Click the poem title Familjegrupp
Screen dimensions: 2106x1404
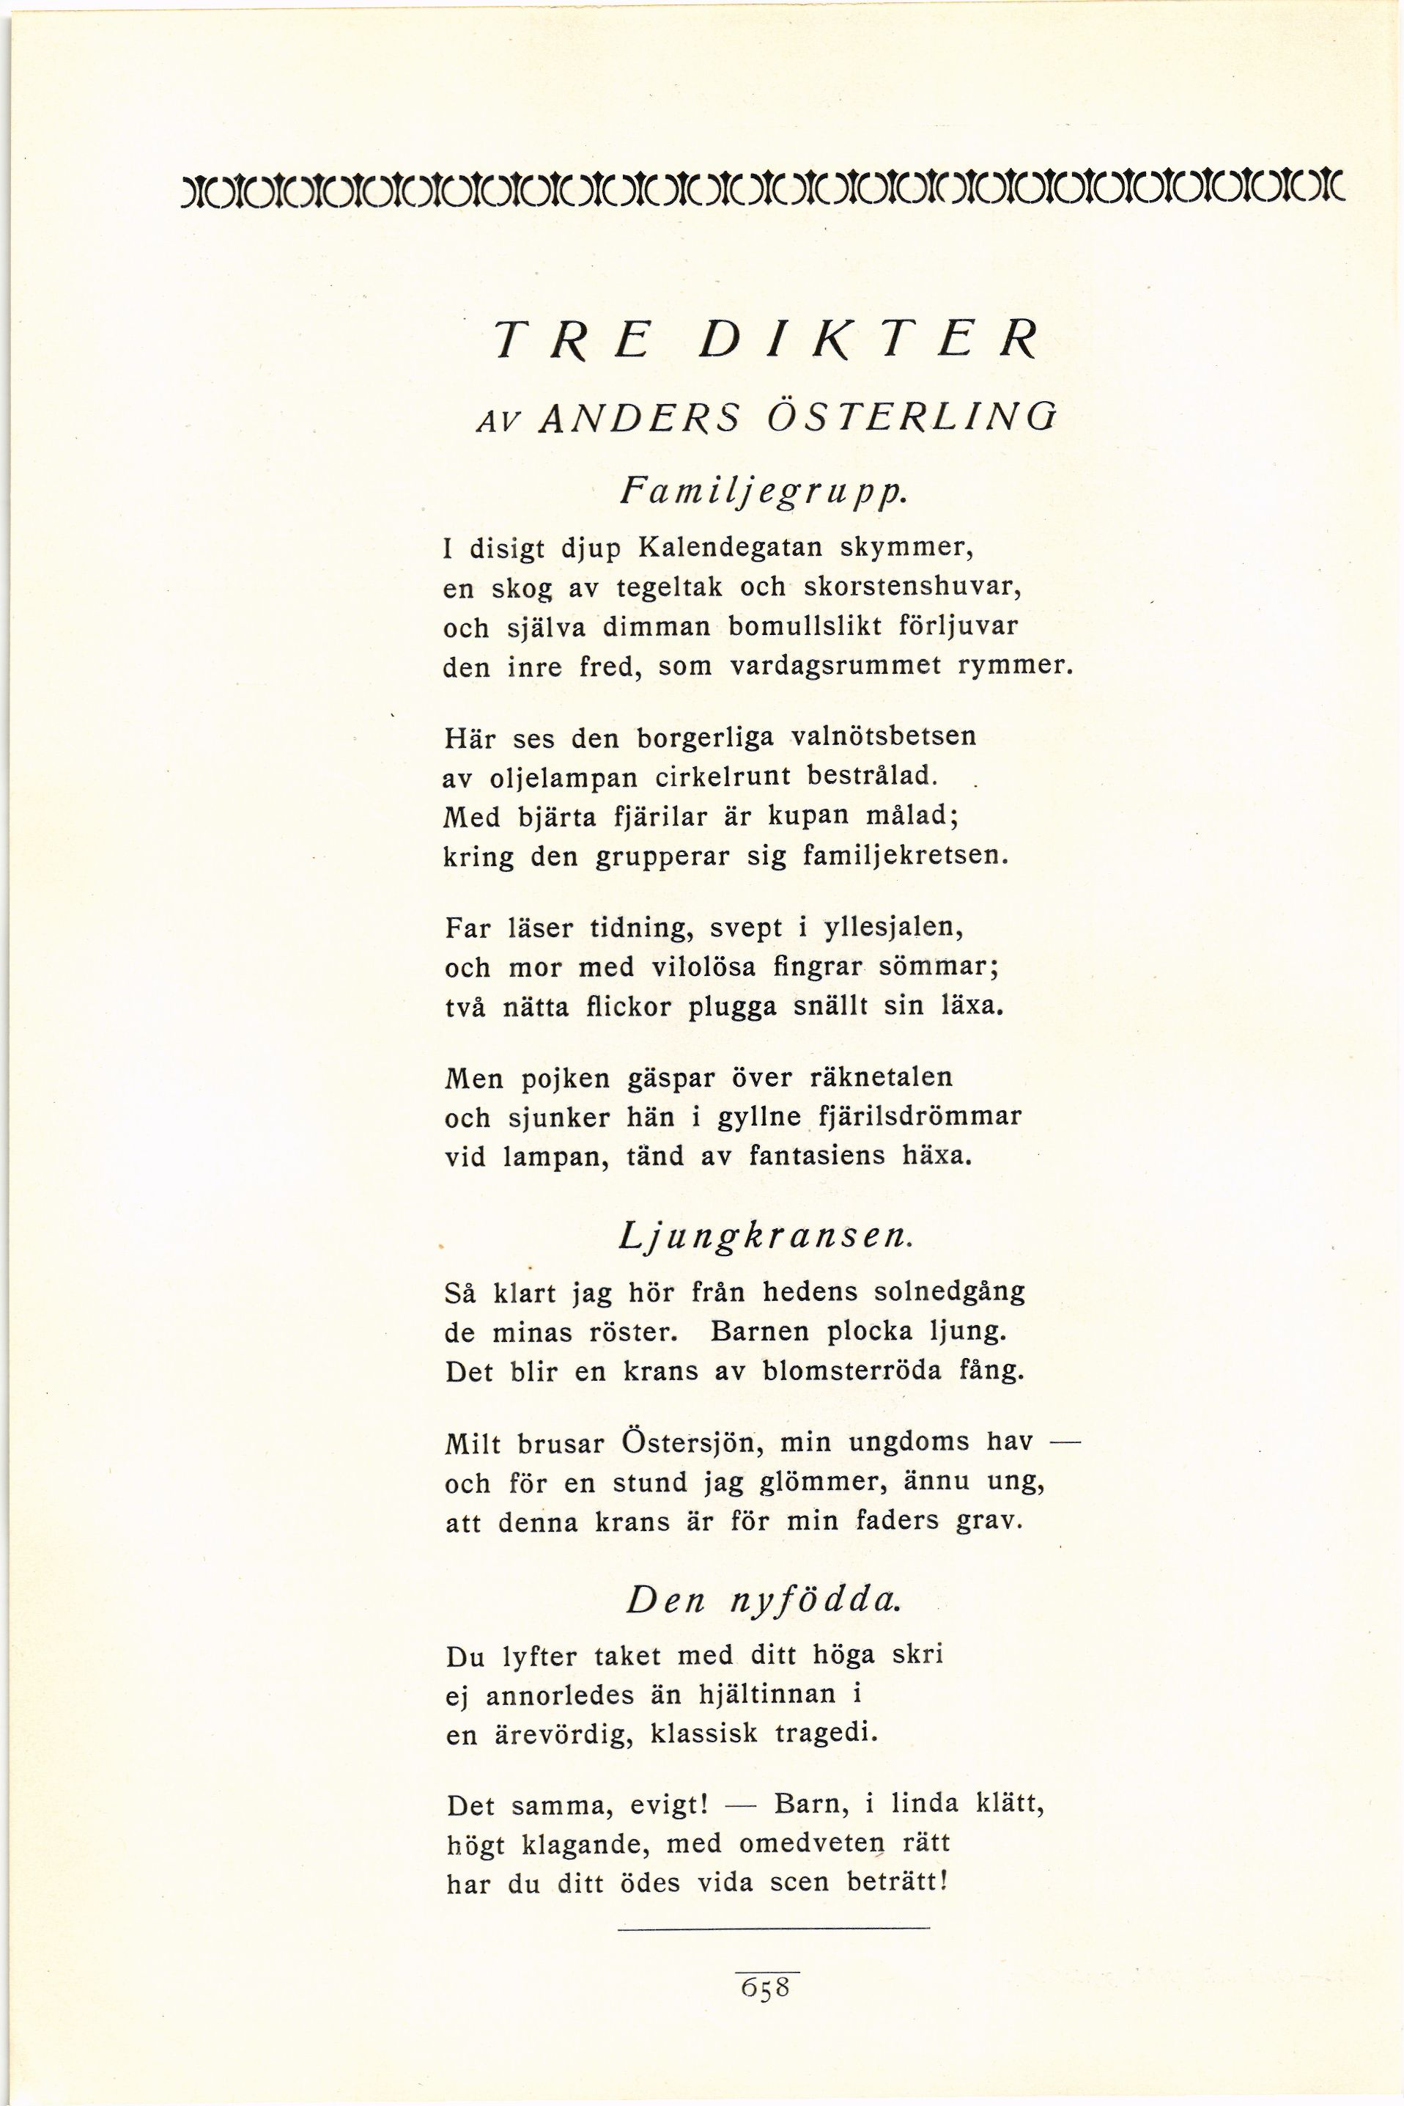pyautogui.click(x=758, y=492)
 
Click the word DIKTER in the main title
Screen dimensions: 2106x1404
pyautogui.click(x=868, y=340)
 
